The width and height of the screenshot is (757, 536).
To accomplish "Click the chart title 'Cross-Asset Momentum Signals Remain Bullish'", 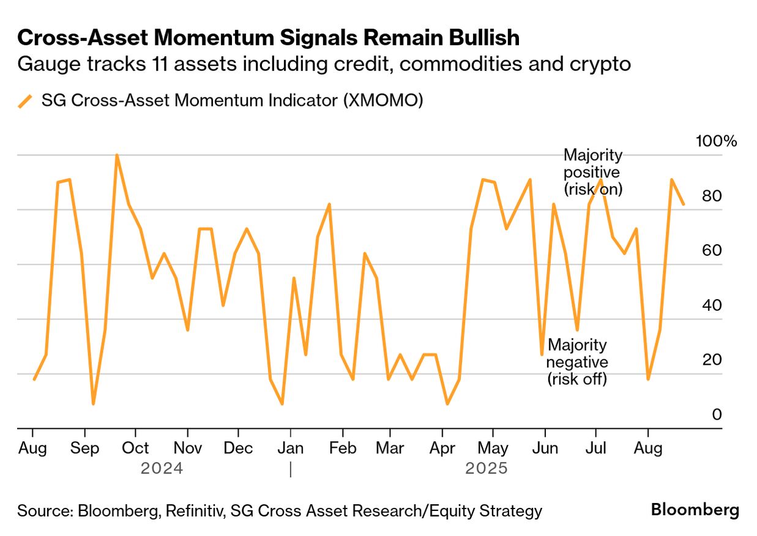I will tap(269, 38).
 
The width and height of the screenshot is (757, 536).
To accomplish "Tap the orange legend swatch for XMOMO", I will tap(26, 101).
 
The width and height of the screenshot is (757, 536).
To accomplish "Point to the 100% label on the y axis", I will tap(717, 141).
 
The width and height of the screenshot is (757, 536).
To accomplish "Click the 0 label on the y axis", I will tap(717, 415).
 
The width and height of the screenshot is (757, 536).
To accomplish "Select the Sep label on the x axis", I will tap(84, 449).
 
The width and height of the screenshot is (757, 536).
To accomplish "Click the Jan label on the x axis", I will tap(291, 449).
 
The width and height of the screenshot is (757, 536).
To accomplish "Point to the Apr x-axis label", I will tap(441, 449).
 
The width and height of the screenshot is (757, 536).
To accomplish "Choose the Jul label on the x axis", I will tap(595, 449).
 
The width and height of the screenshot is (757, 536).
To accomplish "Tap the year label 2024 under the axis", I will tap(162, 469).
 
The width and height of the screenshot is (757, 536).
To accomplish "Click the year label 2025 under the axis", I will tap(487, 469).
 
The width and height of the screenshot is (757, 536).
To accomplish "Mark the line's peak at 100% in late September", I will tap(116, 155).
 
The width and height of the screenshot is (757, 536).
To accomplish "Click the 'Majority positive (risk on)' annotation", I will tap(592, 172).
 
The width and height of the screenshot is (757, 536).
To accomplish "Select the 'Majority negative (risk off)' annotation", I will tap(577, 362).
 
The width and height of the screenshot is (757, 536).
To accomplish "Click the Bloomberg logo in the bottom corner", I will tap(695, 510).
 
